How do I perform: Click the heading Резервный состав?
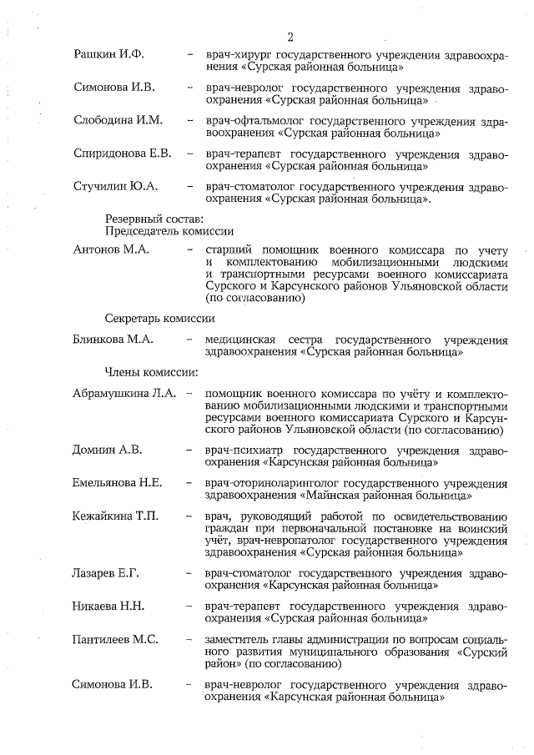(154, 218)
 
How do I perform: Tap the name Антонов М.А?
(113, 250)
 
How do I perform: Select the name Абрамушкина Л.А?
(124, 393)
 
